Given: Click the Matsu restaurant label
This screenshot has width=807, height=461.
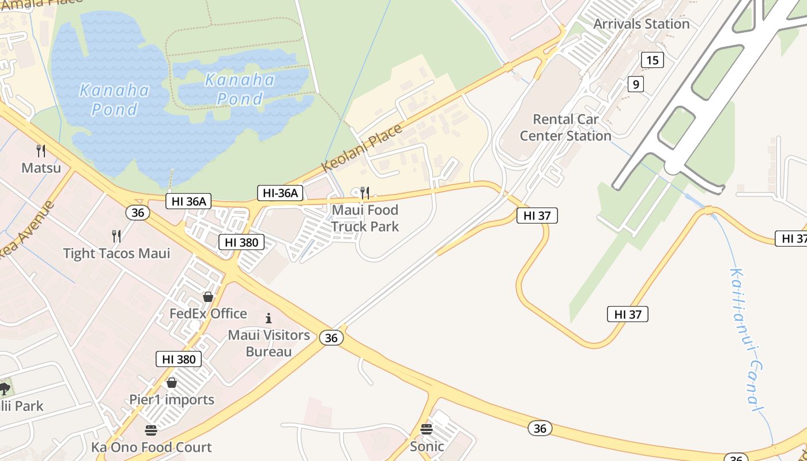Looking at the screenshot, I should (x=41, y=168).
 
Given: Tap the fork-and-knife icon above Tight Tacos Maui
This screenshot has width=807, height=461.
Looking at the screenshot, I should (x=116, y=236).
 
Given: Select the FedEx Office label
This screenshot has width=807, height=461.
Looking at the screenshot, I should (x=208, y=314).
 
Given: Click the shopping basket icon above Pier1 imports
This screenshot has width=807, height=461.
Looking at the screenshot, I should (x=172, y=383).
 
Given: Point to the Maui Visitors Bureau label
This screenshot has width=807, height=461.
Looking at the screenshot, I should (x=269, y=343).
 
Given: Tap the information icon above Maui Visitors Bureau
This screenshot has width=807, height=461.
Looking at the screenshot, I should (x=268, y=318).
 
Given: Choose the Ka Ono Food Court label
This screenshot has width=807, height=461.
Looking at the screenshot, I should (x=152, y=447).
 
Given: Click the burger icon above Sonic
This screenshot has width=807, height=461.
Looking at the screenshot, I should (x=427, y=429).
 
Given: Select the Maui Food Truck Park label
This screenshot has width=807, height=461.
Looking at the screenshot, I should (x=365, y=218).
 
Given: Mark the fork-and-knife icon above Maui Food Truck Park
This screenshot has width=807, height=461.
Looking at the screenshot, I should (x=364, y=192).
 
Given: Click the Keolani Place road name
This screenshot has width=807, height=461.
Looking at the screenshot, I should (x=362, y=148).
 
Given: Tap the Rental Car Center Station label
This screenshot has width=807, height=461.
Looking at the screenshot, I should (x=565, y=127).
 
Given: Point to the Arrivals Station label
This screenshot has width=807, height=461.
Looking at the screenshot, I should (x=642, y=24).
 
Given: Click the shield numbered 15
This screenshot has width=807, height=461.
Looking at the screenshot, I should (x=652, y=60).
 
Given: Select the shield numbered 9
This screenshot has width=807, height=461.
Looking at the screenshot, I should (x=635, y=85).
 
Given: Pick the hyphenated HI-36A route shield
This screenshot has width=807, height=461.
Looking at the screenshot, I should (x=280, y=193).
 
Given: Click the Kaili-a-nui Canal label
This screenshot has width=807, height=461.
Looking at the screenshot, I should (x=748, y=340).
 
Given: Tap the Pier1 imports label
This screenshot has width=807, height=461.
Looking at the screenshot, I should (x=172, y=399).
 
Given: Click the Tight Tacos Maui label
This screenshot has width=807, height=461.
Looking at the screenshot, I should (x=116, y=254).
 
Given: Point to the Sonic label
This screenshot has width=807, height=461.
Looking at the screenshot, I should (x=427, y=446).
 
